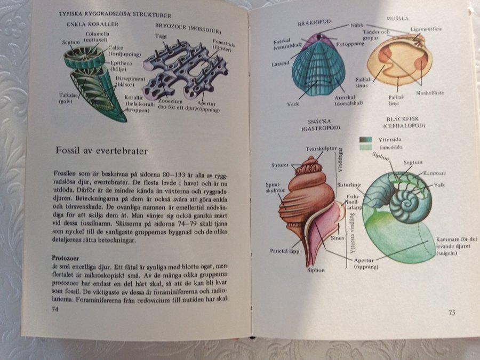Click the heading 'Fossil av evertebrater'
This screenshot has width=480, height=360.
101,151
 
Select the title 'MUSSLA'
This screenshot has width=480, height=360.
398,18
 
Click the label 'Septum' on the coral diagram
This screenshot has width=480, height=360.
70,42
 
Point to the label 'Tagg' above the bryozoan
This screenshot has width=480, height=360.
160,36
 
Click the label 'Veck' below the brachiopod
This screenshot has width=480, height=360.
293,104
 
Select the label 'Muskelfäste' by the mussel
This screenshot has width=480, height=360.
431,93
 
